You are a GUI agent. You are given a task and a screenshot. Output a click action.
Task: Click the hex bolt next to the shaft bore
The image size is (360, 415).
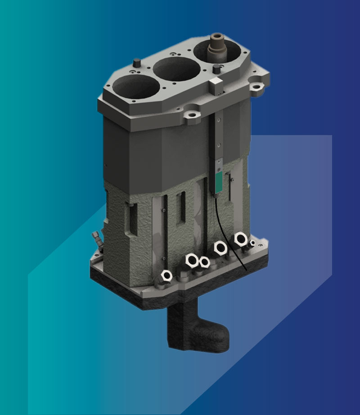[x=216, y=68]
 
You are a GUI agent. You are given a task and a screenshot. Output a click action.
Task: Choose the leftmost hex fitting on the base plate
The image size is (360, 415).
[x=166, y=275]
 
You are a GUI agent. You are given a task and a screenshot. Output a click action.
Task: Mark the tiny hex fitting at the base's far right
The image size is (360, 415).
[x=252, y=244]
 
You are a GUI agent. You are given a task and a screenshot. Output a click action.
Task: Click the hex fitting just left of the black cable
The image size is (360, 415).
[x=220, y=247]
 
